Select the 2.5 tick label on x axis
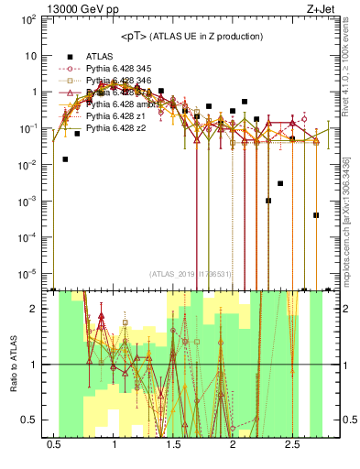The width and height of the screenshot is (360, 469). (291, 445)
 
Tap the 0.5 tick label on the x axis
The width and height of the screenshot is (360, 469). (54, 445)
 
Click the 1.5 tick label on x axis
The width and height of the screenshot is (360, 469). (173, 445)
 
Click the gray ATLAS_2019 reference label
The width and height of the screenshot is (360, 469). (191, 274)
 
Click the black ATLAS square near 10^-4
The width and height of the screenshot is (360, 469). (315, 215)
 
